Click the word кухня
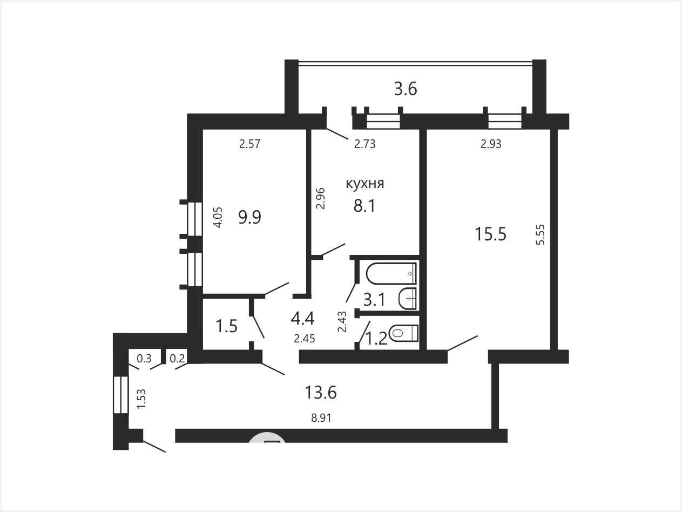click(x=365, y=184)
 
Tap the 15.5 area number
click(x=491, y=234)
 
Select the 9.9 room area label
click(x=249, y=217)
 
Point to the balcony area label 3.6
click(x=406, y=89)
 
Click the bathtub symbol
click(x=391, y=273)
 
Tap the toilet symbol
click(x=403, y=333)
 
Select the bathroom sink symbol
click(x=407, y=299)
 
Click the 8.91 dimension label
click(x=321, y=418)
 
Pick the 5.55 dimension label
click(x=541, y=234)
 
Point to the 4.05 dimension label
click(x=219, y=218)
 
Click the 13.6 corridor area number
click(x=321, y=392)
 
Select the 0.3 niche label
click(x=144, y=359)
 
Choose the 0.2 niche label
click(x=178, y=359)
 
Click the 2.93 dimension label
click(x=491, y=144)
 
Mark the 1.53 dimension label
click(x=141, y=399)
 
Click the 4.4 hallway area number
click(x=302, y=319)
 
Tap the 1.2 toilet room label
click(x=376, y=339)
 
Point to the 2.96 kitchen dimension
click(x=320, y=198)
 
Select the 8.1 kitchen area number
click(x=364, y=206)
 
